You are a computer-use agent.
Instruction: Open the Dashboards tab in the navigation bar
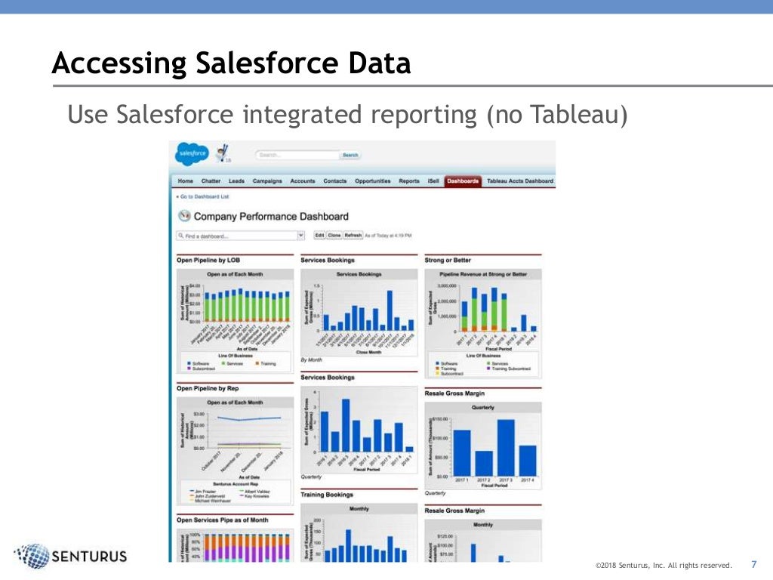463,181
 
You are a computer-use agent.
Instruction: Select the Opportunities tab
372,181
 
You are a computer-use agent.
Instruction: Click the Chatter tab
211,181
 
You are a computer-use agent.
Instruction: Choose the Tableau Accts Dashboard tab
519,181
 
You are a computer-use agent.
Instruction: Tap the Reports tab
409,181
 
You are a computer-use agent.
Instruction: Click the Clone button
334,236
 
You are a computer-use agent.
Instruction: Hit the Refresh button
353,236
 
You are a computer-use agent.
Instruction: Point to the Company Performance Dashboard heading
270,216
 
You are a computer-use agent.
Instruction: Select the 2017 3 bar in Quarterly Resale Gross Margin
505,446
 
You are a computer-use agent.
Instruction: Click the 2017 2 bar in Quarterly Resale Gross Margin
484,461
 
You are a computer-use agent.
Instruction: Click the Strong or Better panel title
448,261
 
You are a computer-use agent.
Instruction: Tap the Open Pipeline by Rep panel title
207,388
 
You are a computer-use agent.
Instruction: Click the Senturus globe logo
32,556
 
